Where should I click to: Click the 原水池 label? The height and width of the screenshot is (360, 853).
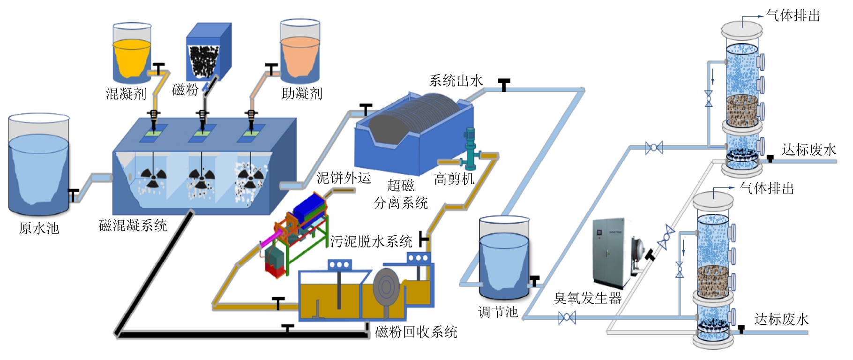tap(39, 228)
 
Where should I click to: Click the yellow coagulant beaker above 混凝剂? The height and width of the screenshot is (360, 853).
tap(132, 56)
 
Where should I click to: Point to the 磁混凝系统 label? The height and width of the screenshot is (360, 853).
tap(133, 225)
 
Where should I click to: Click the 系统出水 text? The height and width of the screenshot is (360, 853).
tap(456, 81)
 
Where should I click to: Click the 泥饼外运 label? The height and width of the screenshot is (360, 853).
tap(344, 178)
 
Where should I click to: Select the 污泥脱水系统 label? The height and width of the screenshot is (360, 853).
tap(371, 241)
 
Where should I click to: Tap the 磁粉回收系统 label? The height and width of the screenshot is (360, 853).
tap(416, 332)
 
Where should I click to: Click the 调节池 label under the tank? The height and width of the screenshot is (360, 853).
tap(498, 312)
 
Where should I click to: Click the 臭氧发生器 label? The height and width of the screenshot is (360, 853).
tap(587, 298)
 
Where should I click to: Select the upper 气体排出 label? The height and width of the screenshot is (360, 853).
tap(793, 16)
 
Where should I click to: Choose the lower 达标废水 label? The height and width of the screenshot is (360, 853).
tap(781, 320)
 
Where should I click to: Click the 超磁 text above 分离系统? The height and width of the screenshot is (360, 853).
tap(401, 186)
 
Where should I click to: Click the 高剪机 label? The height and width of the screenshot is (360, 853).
tap(454, 179)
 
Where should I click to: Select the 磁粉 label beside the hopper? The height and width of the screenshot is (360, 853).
tap(185, 90)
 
